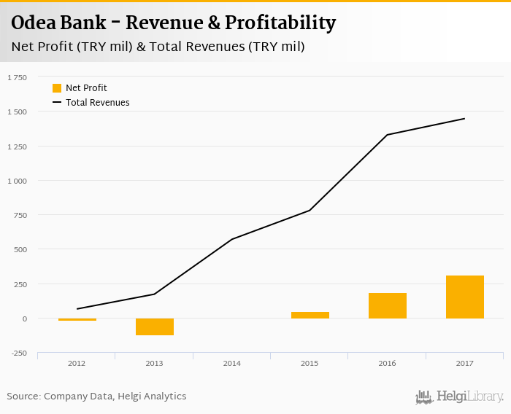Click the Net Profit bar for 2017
(x=465, y=297)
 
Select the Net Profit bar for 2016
(x=388, y=305)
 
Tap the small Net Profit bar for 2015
(x=310, y=315)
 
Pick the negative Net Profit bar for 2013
(x=155, y=327)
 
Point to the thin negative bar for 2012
(x=77, y=319)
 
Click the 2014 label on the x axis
(x=232, y=362)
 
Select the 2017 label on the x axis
(x=464, y=362)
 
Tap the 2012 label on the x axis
(x=77, y=362)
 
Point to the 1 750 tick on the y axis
(x=17, y=77)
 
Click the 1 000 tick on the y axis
(x=17, y=181)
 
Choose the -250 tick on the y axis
(x=18, y=354)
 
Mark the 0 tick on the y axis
(x=24, y=319)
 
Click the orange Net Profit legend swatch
(x=57, y=88)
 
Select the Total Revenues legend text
(x=98, y=103)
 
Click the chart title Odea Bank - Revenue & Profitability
(x=173, y=23)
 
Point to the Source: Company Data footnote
(x=97, y=397)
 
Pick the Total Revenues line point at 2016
(x=388, y=135)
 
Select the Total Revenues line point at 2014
(x=232, y=239)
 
